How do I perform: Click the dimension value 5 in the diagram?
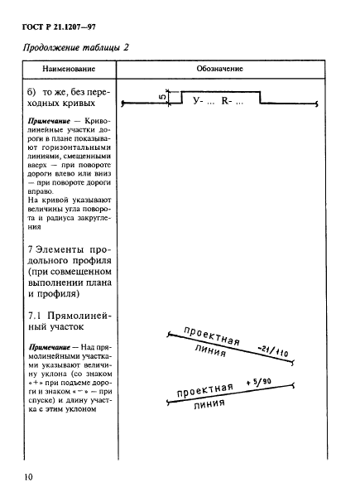click(166, 96)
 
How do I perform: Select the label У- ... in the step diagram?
click(202, 101)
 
